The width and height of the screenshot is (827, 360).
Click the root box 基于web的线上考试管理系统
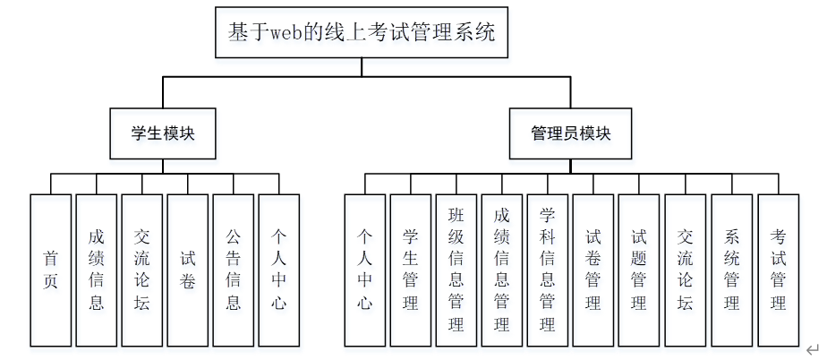(361, 34)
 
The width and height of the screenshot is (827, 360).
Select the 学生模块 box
(163, 134)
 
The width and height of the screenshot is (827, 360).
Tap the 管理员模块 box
(570, 134)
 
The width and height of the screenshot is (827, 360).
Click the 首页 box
(51, 270)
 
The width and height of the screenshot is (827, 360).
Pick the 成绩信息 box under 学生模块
(97, 270)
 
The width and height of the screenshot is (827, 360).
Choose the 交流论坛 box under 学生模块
(142, 270)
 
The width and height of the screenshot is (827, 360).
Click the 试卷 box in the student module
(188, 270)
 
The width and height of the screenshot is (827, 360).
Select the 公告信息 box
(234, 270)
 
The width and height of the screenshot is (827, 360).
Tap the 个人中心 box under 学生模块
(279, 270)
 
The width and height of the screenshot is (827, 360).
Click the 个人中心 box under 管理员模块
(365, 270)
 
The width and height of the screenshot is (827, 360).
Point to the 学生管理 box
(411, 270)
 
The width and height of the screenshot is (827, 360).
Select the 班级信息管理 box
(456, 270)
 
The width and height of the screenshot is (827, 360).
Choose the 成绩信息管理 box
(502, 270)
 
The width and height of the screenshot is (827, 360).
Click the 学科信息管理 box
(548, 270)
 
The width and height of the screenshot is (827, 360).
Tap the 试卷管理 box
(593, 270)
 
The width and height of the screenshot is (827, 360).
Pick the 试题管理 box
(639, 270)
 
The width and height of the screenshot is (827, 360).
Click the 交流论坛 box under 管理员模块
(686, 270)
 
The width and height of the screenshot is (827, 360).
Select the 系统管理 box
(732, 270)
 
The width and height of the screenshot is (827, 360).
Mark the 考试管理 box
(779, 270)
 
